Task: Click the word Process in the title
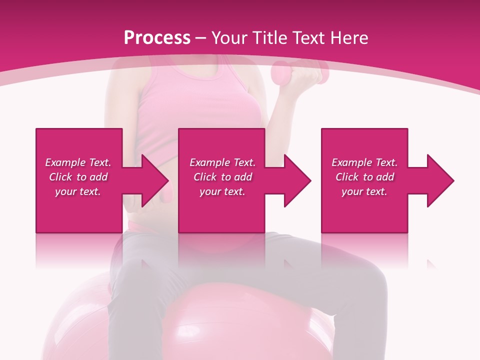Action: click(157, 37)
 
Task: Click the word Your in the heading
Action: click(228, 37)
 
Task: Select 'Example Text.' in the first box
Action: click(78, 162)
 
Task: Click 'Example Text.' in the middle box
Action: click(222, 162)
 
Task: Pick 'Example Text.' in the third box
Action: click(364, 162)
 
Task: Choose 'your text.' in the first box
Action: click(78, 191)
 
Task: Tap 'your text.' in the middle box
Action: click(222, 191)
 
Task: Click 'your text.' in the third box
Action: click(364, 191)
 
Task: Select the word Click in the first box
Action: click(61, 177)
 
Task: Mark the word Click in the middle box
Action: click(205, 177)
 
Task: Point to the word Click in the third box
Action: click(347, 177)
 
